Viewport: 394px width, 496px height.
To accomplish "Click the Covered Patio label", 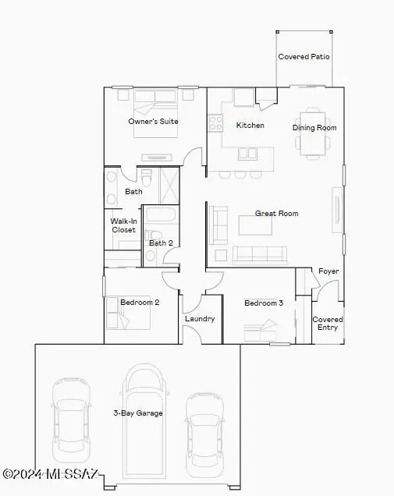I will pyautogui.click(x=303, y=57).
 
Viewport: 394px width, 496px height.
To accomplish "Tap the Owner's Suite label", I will pyautogui.click(x=154, y=122).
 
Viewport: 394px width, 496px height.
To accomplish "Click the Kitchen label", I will pyautogui.click(x=250, y=125).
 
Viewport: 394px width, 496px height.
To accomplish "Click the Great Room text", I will pyautogui.click(x=277, y=213).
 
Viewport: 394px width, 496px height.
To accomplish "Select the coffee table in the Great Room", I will pyautogui.click(x=256, y=225).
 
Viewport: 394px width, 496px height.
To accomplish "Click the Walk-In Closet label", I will pyautogui.click(x=123, y=225).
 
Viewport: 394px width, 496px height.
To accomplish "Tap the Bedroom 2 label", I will pyautogui.click(x=141, y=302).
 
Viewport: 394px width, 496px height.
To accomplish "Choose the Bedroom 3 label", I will pyautogui.click(x=264, y=303).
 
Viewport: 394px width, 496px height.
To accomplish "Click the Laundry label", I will pyautogui.click(x=200, y=318).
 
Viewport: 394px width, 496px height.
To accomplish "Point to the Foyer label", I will pyautogui.click(x=328, y=271).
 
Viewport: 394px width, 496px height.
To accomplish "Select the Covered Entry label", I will pyautogui.click(x=328, y=324).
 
